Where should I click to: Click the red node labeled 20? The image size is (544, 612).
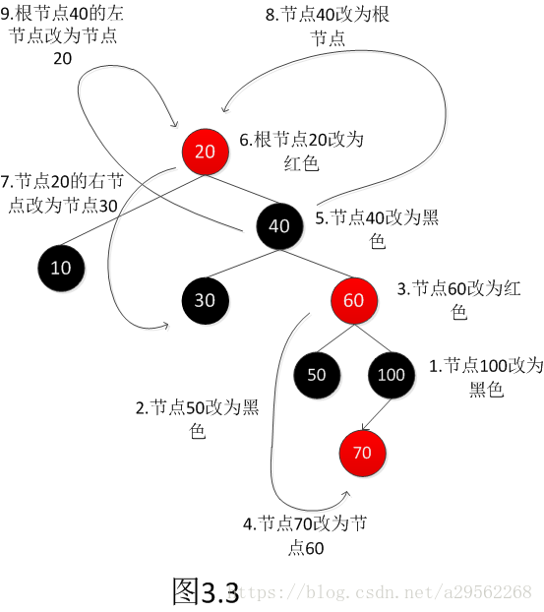pyautogui.click(x=205, y=152)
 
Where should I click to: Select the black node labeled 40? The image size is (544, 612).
pyautogui.click(x=279, y=226)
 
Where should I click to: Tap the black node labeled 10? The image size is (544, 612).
pyautogui.click(x=61, y=269)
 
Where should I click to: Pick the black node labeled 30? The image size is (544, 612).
pyautogui.click(x=205, y=300)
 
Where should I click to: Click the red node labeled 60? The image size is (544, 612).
pyautogui.click(x=354, y=300)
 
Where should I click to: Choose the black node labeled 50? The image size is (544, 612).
pyautogui.click(x=317, y=375)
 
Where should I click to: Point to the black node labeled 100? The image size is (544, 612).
pyautogui.click(x=391, y=375)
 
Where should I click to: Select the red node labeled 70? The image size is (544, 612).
pyautogui.click(x=363, y=454)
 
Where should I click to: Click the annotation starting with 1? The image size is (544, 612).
pyautogui.click(x=486, y=378)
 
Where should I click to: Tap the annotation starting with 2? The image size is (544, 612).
pyautogui.click(x=198, y=419)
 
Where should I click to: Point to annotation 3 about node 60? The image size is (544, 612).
pyautogui.click(x=459, y=300)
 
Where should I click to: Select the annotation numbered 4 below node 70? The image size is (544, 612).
pyautogui.click(x=305, y=535)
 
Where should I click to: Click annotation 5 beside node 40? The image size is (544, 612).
pyautogui.click(x=377, y=229)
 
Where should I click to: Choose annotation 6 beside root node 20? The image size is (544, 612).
pyautogui.click(x=301, y=152)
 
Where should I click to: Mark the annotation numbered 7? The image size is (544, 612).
pyautogui.click(x=62, y=194)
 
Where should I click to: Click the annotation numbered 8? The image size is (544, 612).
pyautogui.click(x=328, y=27)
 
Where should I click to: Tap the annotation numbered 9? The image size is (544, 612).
pyautogui.click(x=62, y=35)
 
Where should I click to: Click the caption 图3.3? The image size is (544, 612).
pyautogui.click(x=206, y=591)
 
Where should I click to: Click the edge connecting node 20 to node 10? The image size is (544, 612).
pyautogui.click(x=133, y=210)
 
